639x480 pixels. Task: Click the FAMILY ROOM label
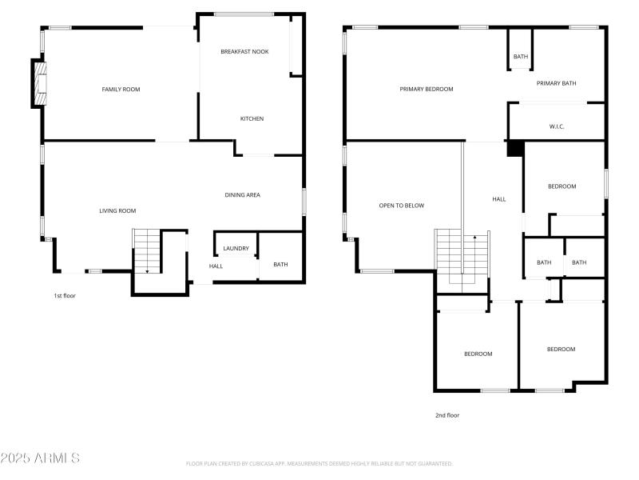point(121,89)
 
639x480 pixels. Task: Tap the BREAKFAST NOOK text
point(244,51)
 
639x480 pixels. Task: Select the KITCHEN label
point(252,118)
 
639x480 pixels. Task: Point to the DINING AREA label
point(242,194)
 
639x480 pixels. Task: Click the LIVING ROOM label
point(117,210)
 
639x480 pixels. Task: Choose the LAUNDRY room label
point(236,248)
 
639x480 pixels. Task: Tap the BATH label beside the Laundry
point(280,264)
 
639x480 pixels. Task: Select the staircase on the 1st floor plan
point(146,250)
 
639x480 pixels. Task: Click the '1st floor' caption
point(64,295)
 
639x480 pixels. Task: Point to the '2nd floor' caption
point(447,415)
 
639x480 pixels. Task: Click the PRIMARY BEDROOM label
point(427,89)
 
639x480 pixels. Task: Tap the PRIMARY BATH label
point(556,83)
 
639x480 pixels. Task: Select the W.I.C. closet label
point(557,126)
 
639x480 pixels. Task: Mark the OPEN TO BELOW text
point(401,206)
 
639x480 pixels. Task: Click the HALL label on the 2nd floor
point(498,199)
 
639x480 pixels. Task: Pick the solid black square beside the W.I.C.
point(515,148)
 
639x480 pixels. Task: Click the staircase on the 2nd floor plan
point(462,256)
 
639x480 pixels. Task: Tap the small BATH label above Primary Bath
point(521,57)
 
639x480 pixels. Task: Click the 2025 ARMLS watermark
point(40,458)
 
